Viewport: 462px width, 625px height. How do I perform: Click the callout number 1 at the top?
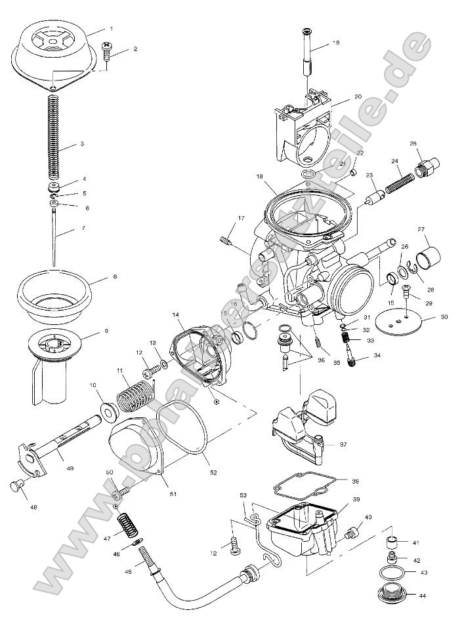click(111, 28)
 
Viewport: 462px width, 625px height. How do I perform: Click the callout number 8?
click(115, 276)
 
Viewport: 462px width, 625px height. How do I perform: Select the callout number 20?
click(358, 96)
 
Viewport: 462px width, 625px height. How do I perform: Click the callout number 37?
click(343, 444)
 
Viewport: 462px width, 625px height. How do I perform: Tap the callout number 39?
click(357, 499)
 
